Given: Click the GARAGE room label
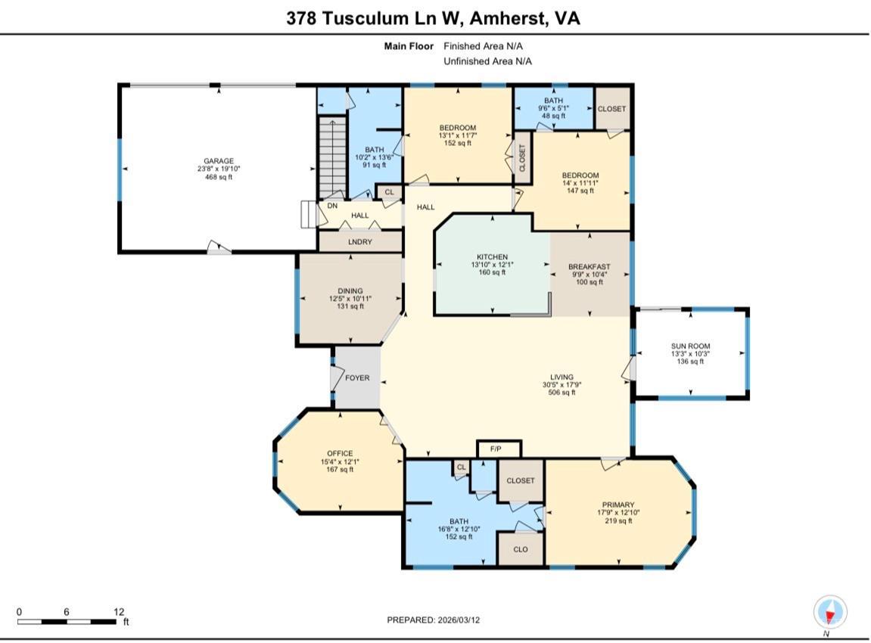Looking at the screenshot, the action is click(218, 161).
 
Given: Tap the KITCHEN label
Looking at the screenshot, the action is click(492, 257).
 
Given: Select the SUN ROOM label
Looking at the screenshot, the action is click(690, 346).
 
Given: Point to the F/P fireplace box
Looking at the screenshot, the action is click(499, 449).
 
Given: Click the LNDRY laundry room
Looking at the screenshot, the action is click(360, 241).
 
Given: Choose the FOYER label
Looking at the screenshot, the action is click(357, 377).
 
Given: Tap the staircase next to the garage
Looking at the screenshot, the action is click(332, 158).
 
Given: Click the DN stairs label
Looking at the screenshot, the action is click(332, 206).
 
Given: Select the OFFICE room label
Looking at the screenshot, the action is click(340, 453).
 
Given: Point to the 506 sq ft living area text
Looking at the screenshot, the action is click(561, 393).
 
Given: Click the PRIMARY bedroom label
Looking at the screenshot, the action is click(618, 505).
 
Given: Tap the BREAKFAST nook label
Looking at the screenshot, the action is click(589, 266).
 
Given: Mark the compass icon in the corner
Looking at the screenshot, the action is click(830, 613).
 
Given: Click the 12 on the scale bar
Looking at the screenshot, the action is click(119, 612).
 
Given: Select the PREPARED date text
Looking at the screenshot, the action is click(434, 620).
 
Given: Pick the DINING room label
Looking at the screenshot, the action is click(350, 290).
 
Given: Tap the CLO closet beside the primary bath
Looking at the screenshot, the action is click(521, 549).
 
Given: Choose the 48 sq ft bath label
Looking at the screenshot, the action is click(553, 116).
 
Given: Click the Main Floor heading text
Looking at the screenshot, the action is click(409, 46).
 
